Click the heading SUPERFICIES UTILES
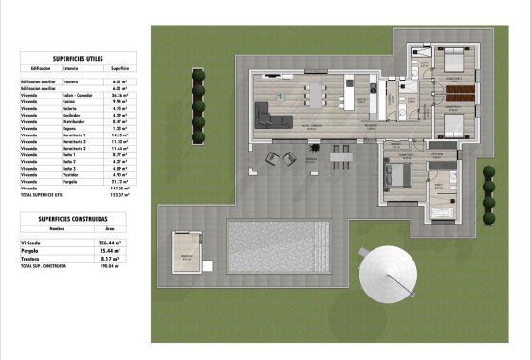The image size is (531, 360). pos(78,58)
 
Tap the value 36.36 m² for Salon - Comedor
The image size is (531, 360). pos(119,96)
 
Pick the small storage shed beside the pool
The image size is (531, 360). pos(186,254)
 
